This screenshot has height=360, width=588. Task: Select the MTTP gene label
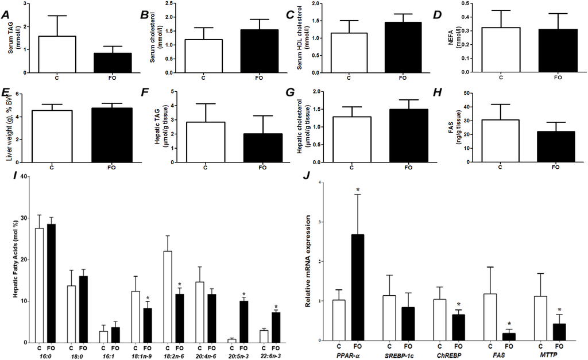coord(549,356)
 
